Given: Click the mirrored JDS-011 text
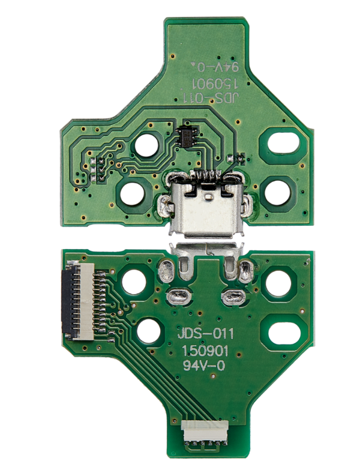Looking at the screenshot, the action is [x=211, y=97].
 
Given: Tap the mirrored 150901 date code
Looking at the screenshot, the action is [x=214, y=82].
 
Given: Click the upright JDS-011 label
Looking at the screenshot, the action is [x=206, y=334].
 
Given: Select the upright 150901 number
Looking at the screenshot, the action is [x=205, y=351].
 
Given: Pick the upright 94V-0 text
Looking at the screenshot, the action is [x=204, y=366].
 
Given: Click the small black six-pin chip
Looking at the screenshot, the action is [x=187, y=136].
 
